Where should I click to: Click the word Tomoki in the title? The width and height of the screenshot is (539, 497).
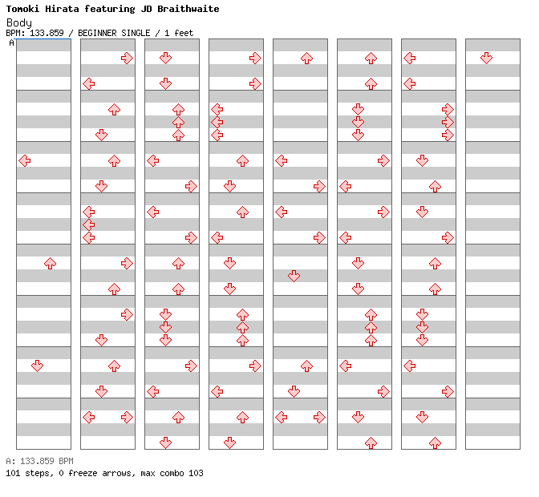click(22, 9)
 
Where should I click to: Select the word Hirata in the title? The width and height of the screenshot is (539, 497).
click(62, 9)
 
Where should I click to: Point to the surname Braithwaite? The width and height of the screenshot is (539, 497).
click(188, 9)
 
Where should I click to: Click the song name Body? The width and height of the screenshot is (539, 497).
click(19, 22)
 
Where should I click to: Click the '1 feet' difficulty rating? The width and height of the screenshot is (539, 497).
click(179, 33)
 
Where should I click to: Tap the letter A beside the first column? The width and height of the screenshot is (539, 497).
click(12, 43)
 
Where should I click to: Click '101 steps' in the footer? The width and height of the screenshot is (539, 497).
click(30, 473)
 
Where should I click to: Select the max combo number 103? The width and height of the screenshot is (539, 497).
click(196, 473)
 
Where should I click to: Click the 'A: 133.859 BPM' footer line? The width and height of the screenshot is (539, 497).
click(39, 461)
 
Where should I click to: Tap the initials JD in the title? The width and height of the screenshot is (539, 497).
click(146, 9)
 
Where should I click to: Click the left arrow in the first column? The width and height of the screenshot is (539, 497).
click(25, 160)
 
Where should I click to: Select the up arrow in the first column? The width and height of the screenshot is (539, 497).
click(51, 264)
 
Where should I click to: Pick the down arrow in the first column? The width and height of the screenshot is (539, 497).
click(38, 366)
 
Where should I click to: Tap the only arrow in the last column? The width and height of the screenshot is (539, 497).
click(486, 58)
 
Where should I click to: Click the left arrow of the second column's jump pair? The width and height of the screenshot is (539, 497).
click(89, 418)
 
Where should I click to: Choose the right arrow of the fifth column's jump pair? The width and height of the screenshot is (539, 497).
click(320, 418)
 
